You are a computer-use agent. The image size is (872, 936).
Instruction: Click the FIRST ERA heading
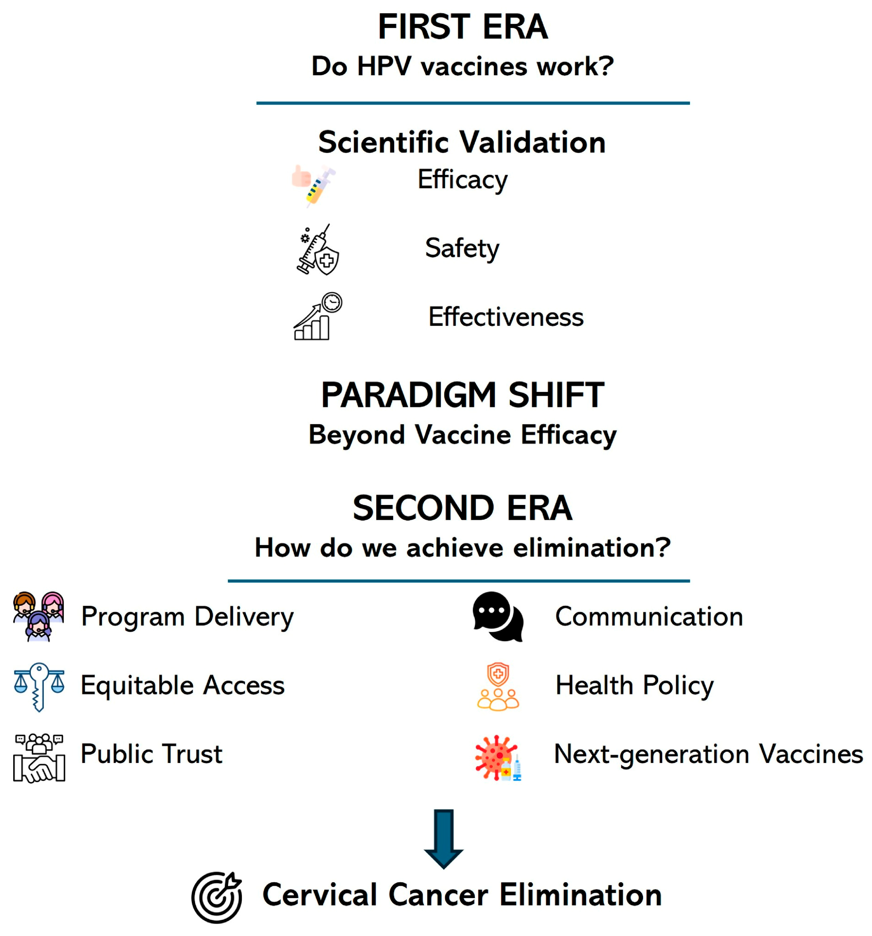click(x=462, y=27)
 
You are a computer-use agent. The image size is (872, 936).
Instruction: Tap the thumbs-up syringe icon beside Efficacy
click(x=313, y=185)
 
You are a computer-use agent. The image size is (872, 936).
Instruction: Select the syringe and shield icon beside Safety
click(x=317, y=249)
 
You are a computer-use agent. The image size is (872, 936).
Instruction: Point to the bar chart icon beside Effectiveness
click(x=317, y=316)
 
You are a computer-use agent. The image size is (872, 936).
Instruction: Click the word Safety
click(x=462, y=248)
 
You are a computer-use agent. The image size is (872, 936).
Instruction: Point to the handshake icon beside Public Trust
click(x=39, y=758)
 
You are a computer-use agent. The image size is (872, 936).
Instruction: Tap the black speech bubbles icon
click(x=498, y=616)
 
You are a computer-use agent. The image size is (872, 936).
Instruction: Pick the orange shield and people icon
click(x=498, y=686)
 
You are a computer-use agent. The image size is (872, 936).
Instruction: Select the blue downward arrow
click(x=444, y=839)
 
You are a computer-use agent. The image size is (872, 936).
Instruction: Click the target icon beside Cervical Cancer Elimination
click(x=217, y=897)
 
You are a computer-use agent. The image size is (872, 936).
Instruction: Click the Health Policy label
click(x=634, y=685)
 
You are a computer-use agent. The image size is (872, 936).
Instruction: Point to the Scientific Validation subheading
click(x=462, y=142)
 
